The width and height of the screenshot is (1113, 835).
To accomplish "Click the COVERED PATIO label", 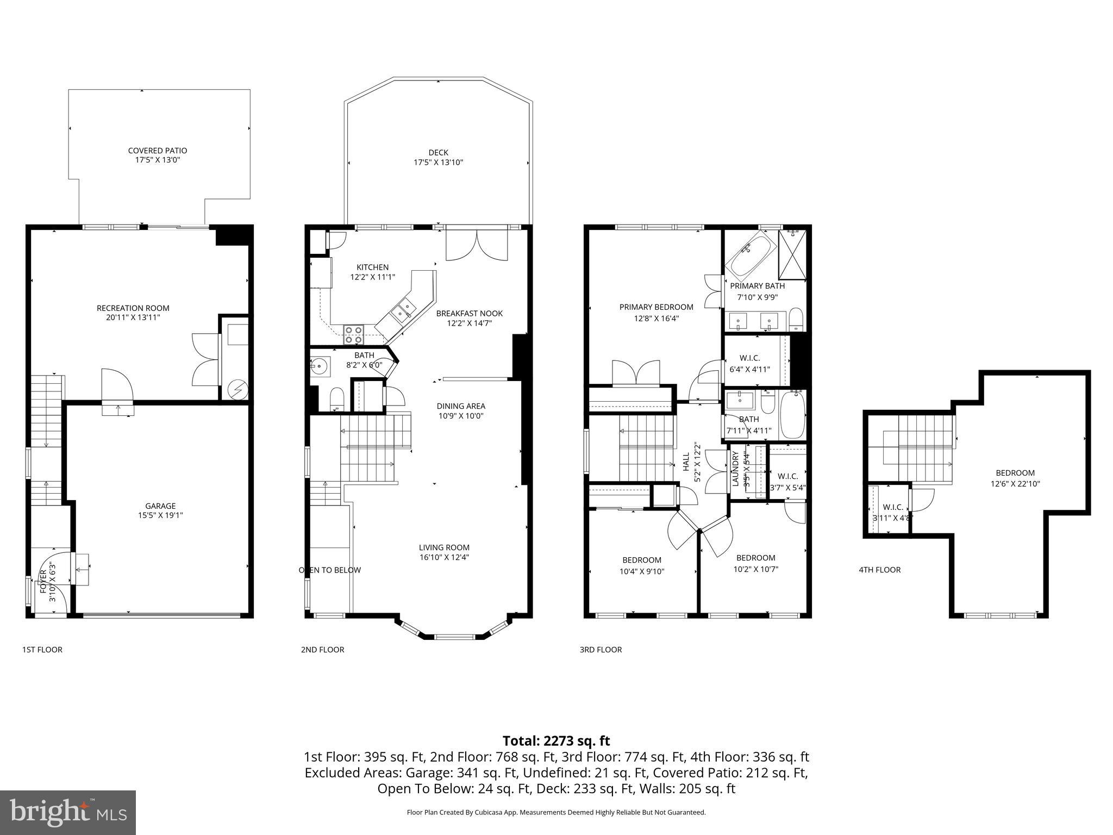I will tap(157, 151).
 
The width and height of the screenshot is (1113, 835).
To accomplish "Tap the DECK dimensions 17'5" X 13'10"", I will tap(438, 163).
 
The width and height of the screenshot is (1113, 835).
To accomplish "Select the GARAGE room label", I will tap(160, 506).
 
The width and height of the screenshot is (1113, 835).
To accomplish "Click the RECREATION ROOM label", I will tap(133, 308).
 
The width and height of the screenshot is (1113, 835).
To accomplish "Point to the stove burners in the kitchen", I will tap(353, 335).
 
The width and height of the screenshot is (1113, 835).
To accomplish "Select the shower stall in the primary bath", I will tap(792, 254).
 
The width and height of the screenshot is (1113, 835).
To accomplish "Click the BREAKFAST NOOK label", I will tap(469, 314).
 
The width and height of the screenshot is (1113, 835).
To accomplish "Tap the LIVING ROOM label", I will tap(444, 547).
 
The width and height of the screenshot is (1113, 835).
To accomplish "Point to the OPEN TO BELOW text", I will tap(329, 570).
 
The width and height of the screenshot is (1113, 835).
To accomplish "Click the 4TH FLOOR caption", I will tap(879, 570).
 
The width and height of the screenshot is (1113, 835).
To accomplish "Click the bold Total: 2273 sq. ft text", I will tap(556, 740).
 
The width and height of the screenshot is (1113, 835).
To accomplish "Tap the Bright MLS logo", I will tap(68, 812).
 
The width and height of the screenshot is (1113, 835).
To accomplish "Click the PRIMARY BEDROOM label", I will tap(656, 307).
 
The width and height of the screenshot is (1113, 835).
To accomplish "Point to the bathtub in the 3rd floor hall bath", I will tap(792, 415).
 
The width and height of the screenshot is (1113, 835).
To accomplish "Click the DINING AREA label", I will tap(461, 406).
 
